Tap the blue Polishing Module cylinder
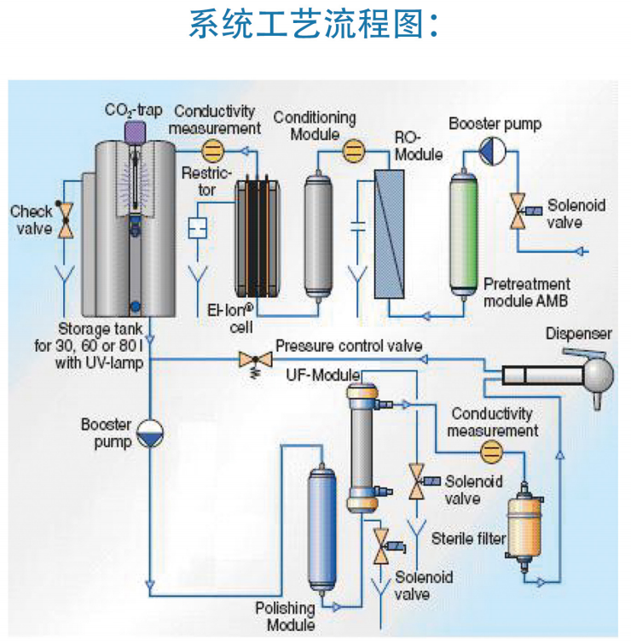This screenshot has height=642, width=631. pos(322,529)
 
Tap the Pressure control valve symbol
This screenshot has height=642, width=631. pos(251,359)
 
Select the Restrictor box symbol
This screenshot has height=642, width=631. pos(198,228)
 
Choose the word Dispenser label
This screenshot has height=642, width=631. pos(579,334)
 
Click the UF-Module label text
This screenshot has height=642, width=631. pos(317,375)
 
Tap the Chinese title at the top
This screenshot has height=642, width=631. pos(315,26)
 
